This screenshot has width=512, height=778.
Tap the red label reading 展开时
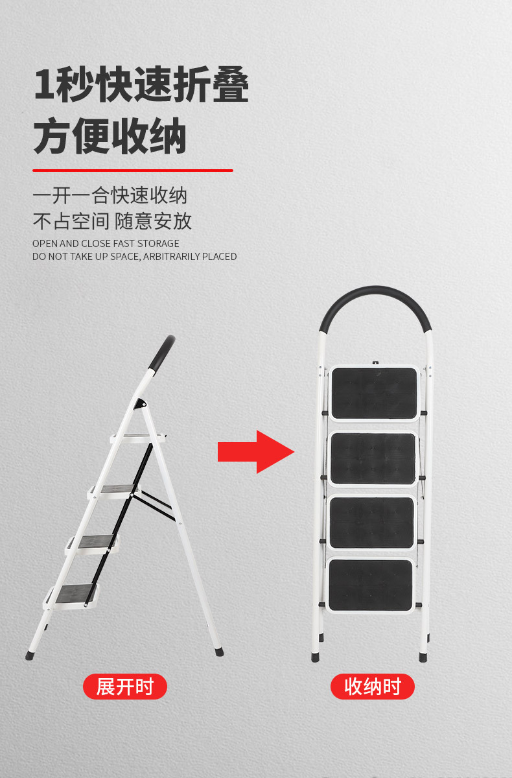pos(125,687)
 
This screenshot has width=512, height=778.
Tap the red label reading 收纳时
pos(373,687)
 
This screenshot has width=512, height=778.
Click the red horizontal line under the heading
pos(132,171)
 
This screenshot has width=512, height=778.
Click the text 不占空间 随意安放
pos(112,221)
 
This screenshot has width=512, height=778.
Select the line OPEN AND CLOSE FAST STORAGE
pos(106,244)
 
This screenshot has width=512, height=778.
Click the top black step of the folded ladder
pos(374,393)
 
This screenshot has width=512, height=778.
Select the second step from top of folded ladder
pos(373,458)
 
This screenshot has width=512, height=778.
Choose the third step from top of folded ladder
pos(371,523)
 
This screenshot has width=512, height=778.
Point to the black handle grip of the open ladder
pos(160,353)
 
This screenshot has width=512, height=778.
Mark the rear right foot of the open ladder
pos(219,651)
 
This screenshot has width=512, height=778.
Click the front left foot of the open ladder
pos(30,655)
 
